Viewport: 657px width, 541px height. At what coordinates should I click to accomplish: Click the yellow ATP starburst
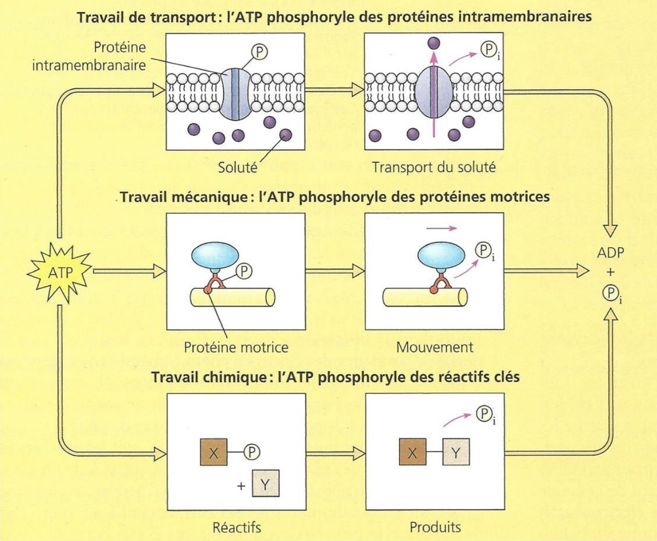(x=59, y=273)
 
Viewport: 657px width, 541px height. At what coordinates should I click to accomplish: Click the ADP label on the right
(x=610, y=252)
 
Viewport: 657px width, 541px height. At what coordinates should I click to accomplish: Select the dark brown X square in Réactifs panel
(x=214, y=452)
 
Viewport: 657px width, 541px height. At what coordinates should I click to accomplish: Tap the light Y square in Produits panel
(x=456, y=452)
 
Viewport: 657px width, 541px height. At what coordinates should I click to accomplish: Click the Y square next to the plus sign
(x=265, y=485)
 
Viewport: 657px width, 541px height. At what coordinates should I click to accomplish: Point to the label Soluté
(x=237, y=167)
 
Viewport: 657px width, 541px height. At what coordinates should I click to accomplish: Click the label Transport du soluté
(x=434, y=167)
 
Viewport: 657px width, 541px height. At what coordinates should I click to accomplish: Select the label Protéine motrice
(x=236, y=347)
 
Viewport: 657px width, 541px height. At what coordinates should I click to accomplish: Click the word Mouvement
(x=434, y=347)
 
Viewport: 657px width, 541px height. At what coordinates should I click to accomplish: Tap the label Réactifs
(x=236, y=527)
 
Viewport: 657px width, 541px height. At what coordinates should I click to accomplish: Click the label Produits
(x=435, y=527)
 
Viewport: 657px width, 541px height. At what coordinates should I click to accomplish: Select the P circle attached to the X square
(x=252, y=452)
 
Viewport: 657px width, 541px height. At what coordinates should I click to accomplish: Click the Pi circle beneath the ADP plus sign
(x=611, y=293)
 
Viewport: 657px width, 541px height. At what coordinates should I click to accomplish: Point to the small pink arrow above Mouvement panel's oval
(x=441, y=228)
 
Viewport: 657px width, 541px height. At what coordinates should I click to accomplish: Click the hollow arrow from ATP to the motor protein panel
(x=129, y=271)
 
